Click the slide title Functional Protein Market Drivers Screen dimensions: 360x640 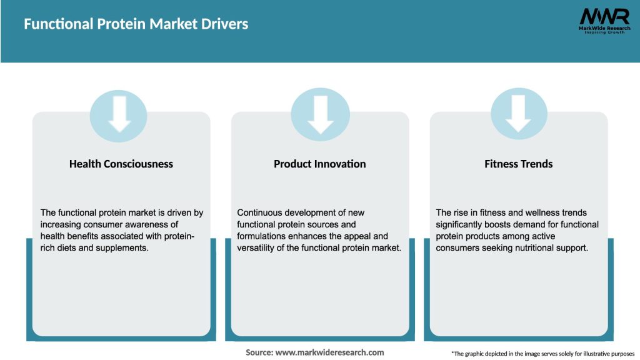pyautogui.click(x=136, y=24)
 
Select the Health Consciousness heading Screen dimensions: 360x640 pyautogui.click(x=121, y=164)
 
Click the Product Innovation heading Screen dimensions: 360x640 pyautogui.click(x=320, y=164)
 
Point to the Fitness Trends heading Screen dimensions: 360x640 pyautogui.click(x=519, y=164)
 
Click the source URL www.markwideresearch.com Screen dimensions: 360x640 pyautogui.click(x=329, y=352)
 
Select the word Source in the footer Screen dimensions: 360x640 pyautogui.click(x=259, y=352)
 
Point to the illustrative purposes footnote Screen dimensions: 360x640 pyautogui.click(x=542, y=354)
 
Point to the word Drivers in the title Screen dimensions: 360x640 pyautogui.click(x=227, y=24)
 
